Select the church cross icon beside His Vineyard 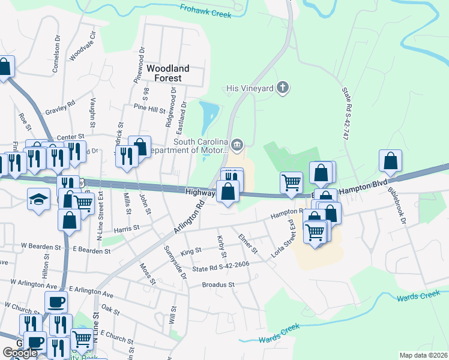[x=283, y=88]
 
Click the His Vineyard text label [x=249, y=88]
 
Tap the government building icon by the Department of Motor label [x=237, y=144]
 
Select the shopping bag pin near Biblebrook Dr [x=390, y=161]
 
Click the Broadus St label [x=217, y=284]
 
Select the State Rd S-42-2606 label [x=221, y=264]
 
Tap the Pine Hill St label [x=149, y=109]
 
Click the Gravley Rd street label [x=60, y=107]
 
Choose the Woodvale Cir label [x=83, y=46]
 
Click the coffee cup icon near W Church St [x=57, y=302]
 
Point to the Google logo [x=20, y=353]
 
